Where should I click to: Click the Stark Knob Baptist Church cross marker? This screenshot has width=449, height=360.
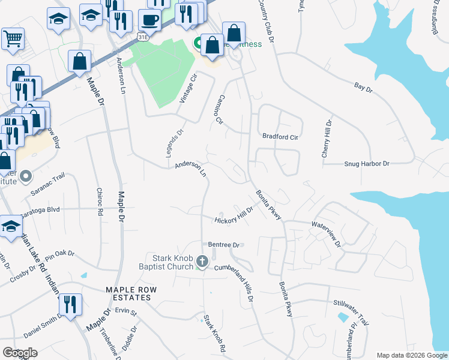coord(202,262)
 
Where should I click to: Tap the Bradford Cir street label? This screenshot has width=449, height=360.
coord(280,136)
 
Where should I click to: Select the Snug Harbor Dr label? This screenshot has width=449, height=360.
coord(367,163)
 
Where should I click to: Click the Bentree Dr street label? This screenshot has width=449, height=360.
coord(224,245)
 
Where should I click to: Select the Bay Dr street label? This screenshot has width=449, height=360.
coord(364,89)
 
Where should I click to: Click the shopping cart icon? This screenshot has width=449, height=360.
coord(13,39)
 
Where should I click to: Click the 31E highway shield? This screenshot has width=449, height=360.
coord(143,37)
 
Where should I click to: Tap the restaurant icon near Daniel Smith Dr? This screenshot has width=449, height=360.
coord(70,305)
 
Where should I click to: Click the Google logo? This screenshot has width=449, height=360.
coord(20,353)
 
